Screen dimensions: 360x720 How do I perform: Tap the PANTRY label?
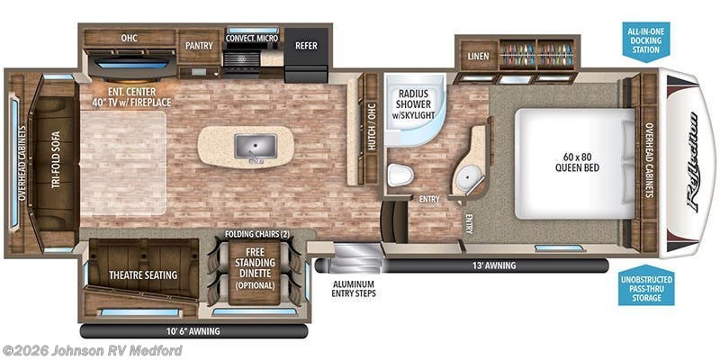197,44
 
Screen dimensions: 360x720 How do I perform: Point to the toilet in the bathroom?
399,174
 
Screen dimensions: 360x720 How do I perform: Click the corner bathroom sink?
467,177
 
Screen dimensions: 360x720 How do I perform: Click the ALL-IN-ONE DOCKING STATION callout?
645,41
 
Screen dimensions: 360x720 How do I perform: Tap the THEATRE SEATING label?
142,274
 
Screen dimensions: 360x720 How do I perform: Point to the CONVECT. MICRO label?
252,38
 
